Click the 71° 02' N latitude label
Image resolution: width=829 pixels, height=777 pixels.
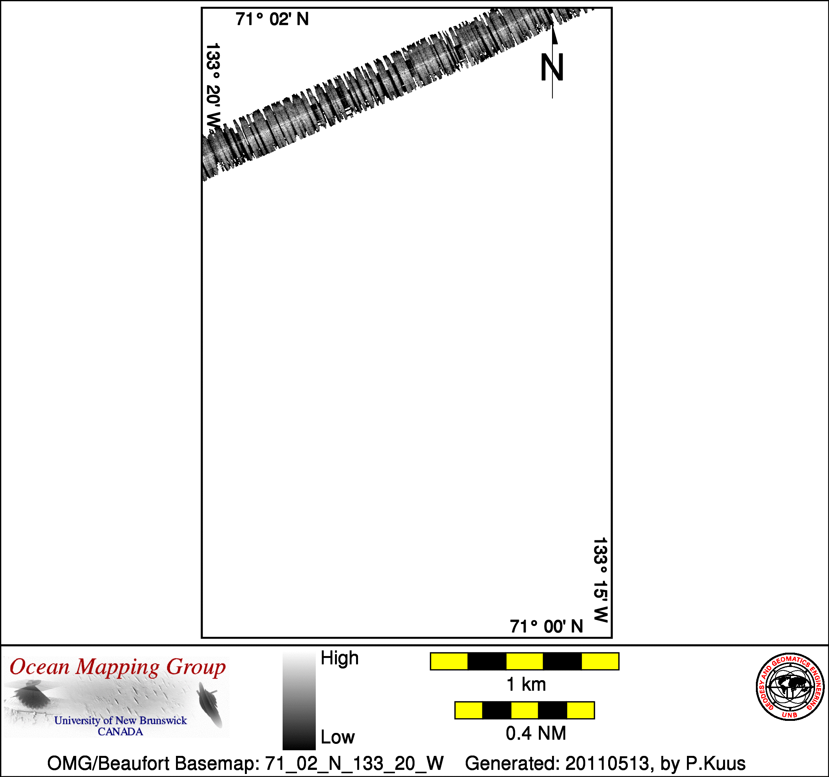pyautogui.click(x=272, y=19)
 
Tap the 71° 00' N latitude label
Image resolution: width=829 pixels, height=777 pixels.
pyautogui.click(x=546, y=626)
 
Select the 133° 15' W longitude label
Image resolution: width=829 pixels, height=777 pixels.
pyautogui.click(x=601, y=580)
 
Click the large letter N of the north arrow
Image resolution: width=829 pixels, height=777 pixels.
pyautogui.click(x=552, y=67)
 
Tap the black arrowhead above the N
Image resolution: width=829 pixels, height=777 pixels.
pyautogui.click(x=555, y=34)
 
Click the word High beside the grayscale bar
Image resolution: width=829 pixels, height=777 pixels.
pyautogui.click(x=340, y=658)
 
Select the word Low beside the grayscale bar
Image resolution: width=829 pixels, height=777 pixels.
pyautogui.click(x=337, y=737)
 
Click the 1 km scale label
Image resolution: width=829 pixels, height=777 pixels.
pyautogui.click(x=526, y=684)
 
